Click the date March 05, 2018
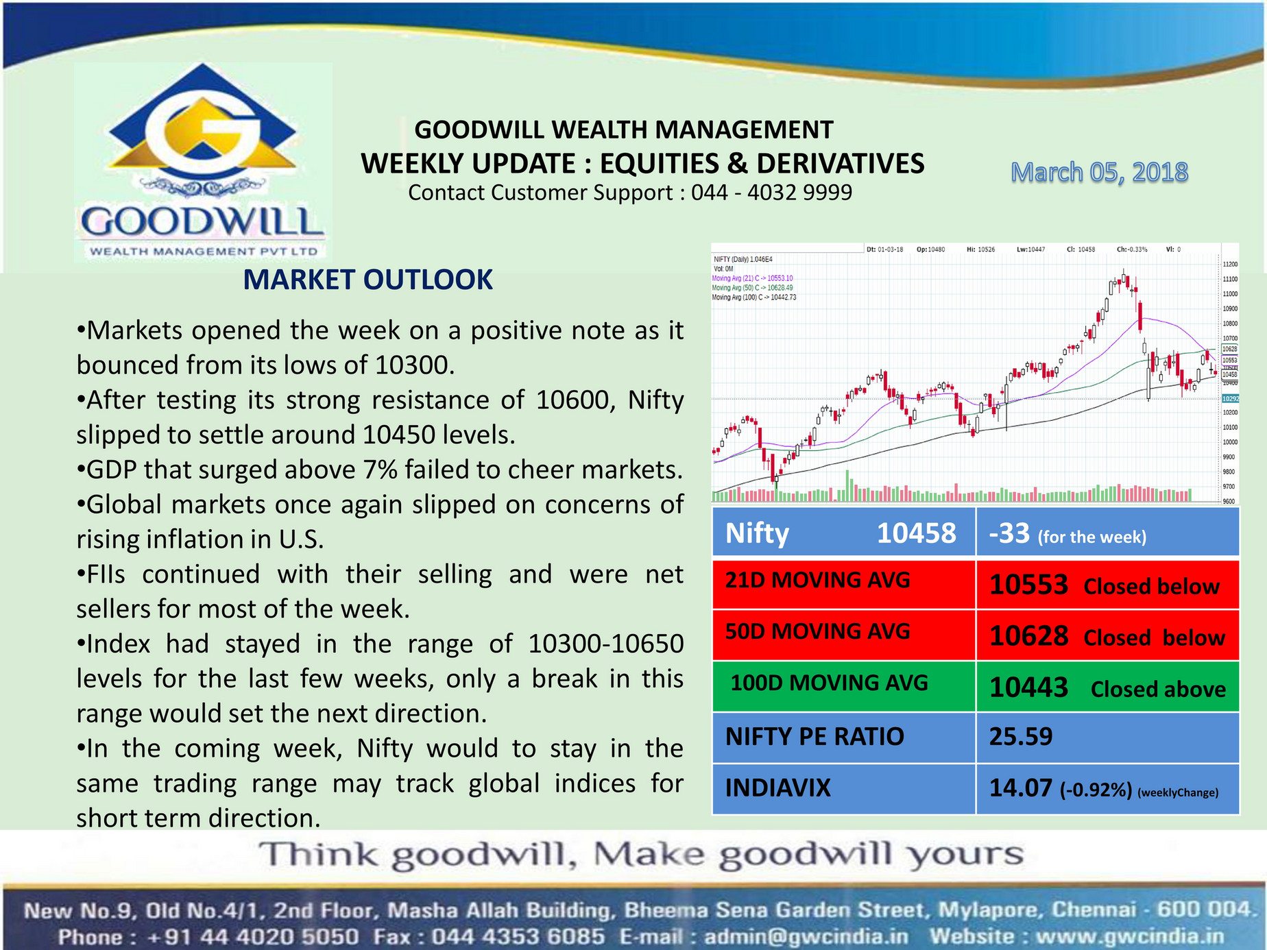coord(1099,173)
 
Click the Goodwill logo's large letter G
coord(203,134)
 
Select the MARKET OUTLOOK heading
coord(367,280)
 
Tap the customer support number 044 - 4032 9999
coord(771,193)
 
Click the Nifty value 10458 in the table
coord(916,533)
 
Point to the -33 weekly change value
coord(1009,533)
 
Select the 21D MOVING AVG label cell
coord(843,583)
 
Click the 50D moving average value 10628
coord(1028,636)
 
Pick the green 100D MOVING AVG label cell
coord(843,685)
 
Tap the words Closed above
coord(1157,689)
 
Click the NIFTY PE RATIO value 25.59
coord(1020,737)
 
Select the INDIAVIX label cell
coord(843,788)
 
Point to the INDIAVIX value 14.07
coord(1020,788)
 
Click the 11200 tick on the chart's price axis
coord(1230,264)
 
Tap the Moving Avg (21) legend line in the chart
coord(752,278)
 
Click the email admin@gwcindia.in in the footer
coord(806,936)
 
